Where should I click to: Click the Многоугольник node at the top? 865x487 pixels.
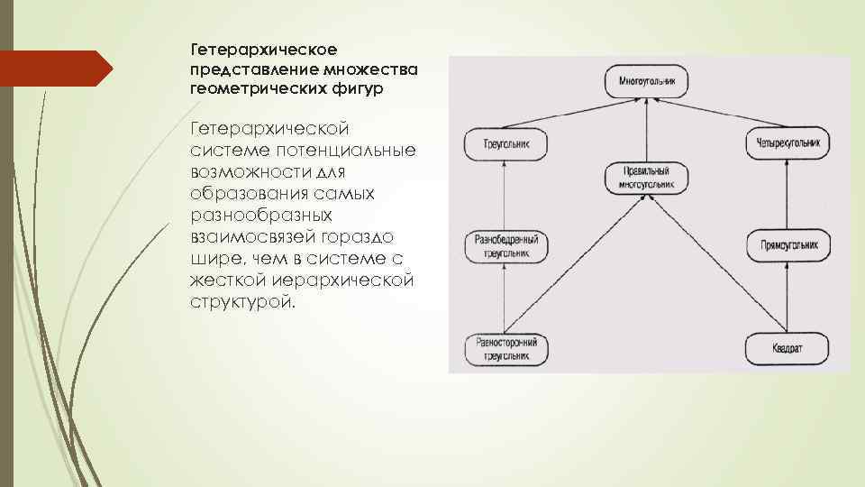pyautogui.click(x=648, y=81)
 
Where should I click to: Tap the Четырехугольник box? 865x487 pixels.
pyautogui.click(x=788, y=142)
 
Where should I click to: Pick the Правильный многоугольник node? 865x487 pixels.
pyautogui.click(x=648, y=178)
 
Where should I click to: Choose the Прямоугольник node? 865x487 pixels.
pyautogui.click(x=788, y=245)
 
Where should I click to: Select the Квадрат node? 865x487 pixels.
pyautogui.click(x=788, y=349)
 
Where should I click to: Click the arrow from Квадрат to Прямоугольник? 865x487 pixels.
pyautogui.click(x=788, y=298)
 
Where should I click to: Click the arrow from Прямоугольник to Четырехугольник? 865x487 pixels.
pyautogui.click(x=788, y=193)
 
